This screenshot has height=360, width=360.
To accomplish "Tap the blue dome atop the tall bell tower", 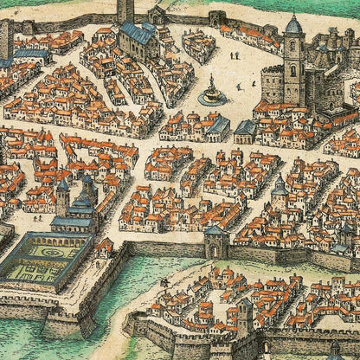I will click(x=294, y=25).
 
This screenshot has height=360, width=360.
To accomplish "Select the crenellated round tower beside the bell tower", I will click(x=273, y=84).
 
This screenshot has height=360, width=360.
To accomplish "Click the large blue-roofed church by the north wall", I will click(x=139, y=38).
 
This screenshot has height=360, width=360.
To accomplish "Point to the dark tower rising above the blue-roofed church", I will click(x=125, y=11).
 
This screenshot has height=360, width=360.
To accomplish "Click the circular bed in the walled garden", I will click(x=48, y=256).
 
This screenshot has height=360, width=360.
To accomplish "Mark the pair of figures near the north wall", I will click(x=235, y=55).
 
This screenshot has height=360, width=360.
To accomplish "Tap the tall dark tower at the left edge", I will click(x=5, y=39).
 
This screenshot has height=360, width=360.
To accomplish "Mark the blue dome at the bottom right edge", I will click(x=335, y=350).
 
